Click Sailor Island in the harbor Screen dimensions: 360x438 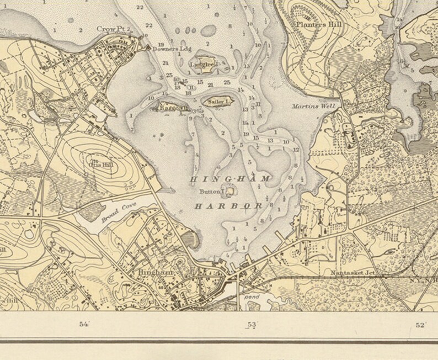point(220,101)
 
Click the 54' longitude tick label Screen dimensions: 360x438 point(84,325)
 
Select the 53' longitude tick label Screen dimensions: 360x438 point(252,325)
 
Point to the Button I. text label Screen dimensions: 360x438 point(212,192)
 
